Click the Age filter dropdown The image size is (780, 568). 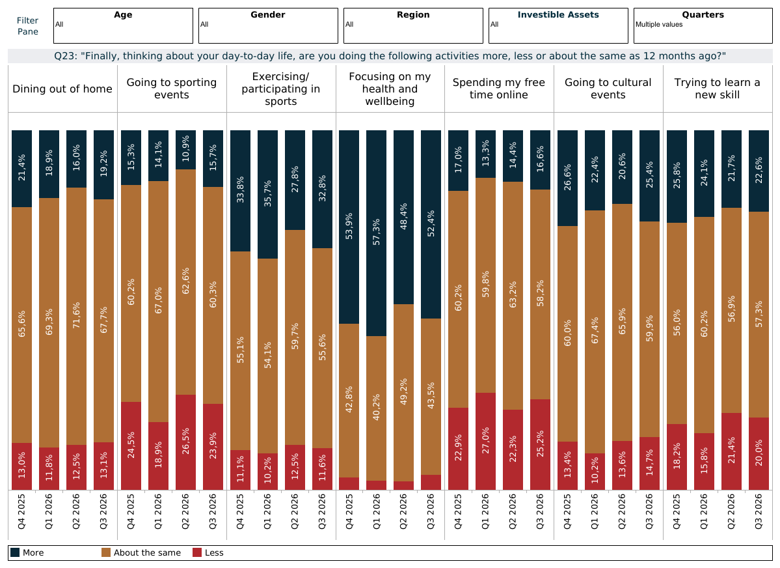[123, 25]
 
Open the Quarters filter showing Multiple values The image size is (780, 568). [703, 25]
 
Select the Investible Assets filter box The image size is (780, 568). [558, 25]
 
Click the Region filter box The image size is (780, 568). [413, 25]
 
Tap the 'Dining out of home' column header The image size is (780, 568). [62, 89]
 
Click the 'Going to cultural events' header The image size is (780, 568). [608, 89]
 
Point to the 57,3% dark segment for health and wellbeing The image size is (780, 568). [376, 233]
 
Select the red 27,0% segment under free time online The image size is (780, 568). [485, 442]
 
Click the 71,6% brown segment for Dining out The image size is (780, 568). [76, 317]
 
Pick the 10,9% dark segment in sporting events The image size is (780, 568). [185, 150]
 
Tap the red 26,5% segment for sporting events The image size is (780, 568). [185, 442]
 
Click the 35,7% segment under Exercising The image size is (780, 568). [267, 194]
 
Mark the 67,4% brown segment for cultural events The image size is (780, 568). [595, 332]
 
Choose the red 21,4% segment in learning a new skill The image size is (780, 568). [731, 451]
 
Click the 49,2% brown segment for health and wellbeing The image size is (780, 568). [403, 393]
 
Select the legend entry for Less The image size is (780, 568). [208, 552]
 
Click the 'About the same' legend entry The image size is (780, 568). [141, 552]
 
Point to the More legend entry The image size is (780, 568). [27, 552]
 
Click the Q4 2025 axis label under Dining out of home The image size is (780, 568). [22, 511]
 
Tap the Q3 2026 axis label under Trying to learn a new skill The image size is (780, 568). [759, 511]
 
